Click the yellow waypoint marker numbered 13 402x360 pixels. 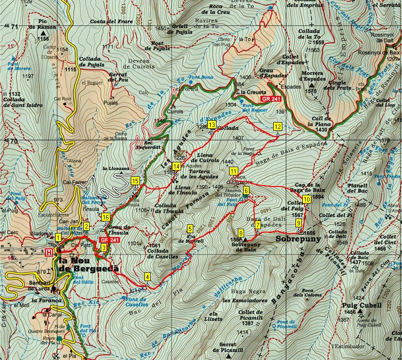coord(212,125)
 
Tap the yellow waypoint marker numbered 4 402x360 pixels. coord(147,277)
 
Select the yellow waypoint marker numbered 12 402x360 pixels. coord(277,126)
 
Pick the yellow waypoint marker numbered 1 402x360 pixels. coord(58,237)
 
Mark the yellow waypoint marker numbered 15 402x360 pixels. coord(136,181)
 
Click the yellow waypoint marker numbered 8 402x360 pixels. coord(241,233)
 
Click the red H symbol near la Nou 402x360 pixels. coord(48,252)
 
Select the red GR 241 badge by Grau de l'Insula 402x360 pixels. coord(109,240)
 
